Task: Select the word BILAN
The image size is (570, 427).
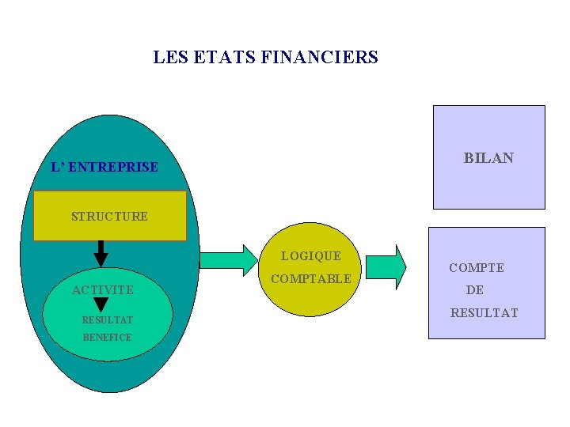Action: tap(488, 158)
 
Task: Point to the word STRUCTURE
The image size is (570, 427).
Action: tap(109, 217)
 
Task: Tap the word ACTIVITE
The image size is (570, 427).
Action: tap(103, 290)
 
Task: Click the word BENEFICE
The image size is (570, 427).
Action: tap(108, 338)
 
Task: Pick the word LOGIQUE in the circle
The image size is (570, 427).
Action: tap(311, 256)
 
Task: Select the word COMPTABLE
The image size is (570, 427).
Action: tap(311, 279)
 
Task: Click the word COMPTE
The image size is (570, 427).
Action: tap(477, 268)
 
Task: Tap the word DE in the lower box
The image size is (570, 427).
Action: tap(475, 290)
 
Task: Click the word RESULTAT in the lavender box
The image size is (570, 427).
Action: tap(484, 313)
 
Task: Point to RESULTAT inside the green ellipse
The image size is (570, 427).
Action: tap(108, 320)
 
